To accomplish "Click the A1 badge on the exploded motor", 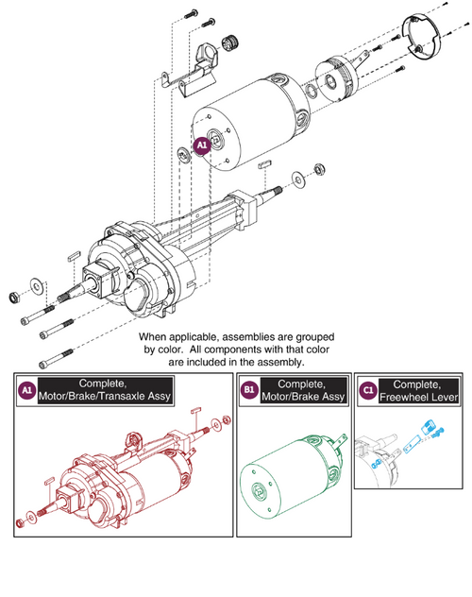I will (201, 145).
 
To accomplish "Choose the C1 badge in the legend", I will (367, 390).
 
